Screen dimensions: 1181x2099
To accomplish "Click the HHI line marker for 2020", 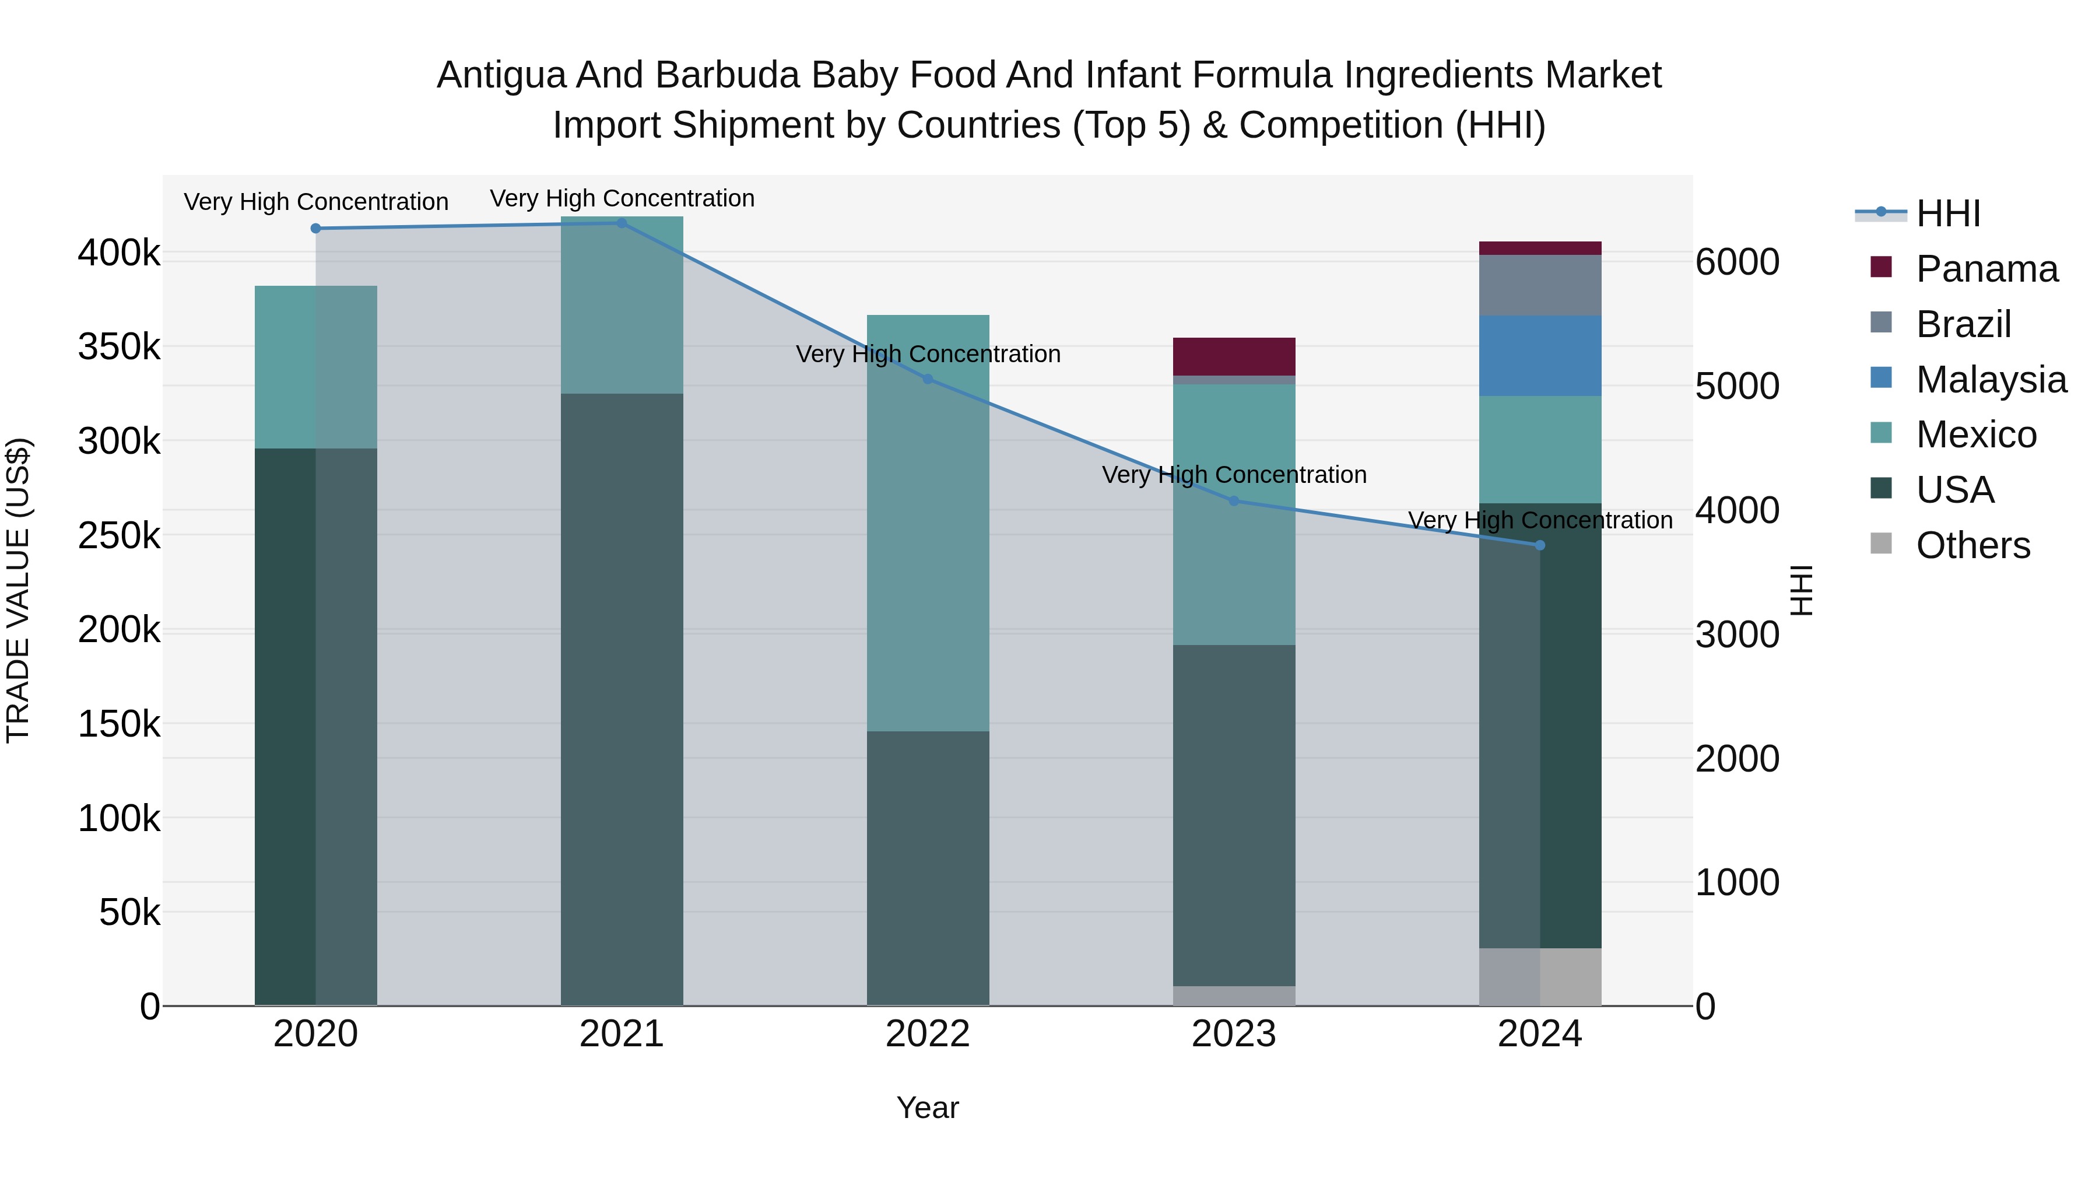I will point(315,228).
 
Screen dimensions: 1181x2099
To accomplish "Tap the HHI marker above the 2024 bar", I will point(1540,545).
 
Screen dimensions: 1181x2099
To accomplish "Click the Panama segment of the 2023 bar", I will point(1234,356).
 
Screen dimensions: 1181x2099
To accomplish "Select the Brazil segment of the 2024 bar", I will point(1540,285).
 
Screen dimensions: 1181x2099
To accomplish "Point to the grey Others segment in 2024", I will point(1540,976).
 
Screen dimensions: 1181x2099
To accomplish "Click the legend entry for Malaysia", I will point(1991,380).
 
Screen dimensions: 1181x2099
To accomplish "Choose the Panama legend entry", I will point(1986,269).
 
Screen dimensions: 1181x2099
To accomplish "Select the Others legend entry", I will point(1972,545).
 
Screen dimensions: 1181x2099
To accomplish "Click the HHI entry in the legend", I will point(1947,213).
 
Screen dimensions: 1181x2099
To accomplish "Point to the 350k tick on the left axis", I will point(119,347).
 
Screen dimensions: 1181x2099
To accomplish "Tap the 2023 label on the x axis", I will point(1234,1034).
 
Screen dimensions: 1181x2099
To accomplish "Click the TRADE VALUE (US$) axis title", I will point(18,590).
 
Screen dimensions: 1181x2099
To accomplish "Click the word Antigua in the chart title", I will point(501,75).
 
